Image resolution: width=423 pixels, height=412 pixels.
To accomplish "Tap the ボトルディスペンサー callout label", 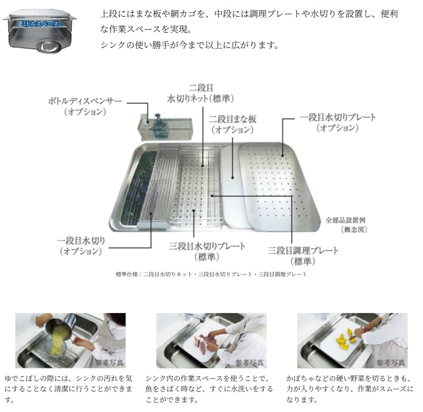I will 85,107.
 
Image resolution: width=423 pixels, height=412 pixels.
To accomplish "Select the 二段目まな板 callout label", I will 232,124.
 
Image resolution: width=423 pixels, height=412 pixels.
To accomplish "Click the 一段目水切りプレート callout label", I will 337,122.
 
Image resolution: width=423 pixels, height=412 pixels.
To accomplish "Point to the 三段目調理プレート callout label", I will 303,255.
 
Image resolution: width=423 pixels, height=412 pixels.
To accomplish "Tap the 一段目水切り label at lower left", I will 81,246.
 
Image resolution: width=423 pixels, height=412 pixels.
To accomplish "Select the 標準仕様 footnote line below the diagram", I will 211,275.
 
